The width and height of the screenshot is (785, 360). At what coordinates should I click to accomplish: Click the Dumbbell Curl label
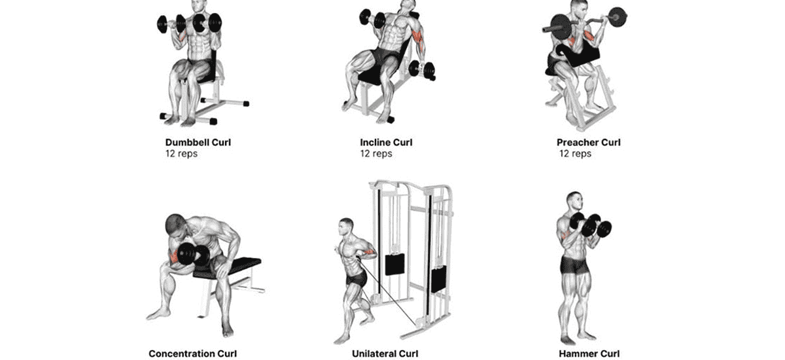click(x=198, y=142)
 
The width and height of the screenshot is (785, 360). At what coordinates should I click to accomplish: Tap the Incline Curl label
click(x=386, y=142)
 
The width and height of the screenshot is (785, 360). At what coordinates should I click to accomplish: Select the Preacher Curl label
click(x=588, y=142)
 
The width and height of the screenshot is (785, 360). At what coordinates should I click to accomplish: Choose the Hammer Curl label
click(x=588, y=354)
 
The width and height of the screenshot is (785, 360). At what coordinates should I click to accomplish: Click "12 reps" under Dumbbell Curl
click(x=181, y=154)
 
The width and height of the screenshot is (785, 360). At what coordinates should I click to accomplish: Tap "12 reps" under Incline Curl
click(x=376, y=154)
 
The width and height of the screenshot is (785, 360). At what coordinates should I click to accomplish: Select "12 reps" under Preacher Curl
click(x=576, y=154)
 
